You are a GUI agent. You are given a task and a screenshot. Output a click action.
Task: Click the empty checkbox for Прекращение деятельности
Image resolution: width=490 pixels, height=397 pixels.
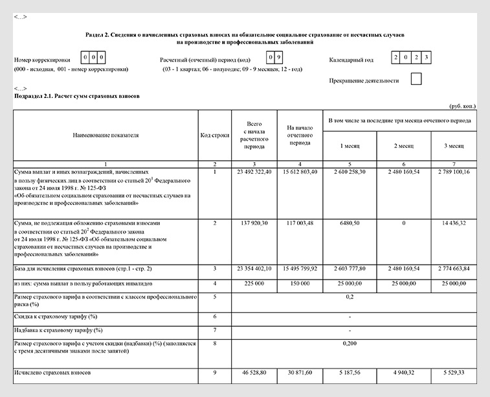pyautogui.click(x=416, y=80)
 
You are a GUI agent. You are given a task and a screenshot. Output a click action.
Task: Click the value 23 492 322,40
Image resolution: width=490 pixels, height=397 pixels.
pyautogui.click(x=254, y=172)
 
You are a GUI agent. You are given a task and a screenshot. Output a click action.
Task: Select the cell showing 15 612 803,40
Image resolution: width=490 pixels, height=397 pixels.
pyautogui.click(x=300, y=172)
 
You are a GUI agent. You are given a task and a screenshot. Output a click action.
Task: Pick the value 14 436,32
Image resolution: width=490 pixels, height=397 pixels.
pyautogui.click(x=454, y=223)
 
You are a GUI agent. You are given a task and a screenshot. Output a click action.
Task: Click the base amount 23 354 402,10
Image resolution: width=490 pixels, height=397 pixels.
pyautogui.click(x=254, y=268)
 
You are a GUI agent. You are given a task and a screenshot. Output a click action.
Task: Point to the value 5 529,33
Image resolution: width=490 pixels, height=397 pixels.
pyautogui.click(x=454, y=374)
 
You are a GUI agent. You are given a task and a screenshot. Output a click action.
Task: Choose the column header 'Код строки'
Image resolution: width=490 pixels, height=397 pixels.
pyautogui.click(x=214, y=136)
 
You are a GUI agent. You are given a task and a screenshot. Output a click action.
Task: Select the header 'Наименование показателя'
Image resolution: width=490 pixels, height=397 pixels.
pyautogui.click(x=106, y=136)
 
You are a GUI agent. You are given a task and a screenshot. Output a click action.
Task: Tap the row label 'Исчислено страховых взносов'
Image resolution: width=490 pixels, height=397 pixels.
pyautogui.click(x=52, y=374)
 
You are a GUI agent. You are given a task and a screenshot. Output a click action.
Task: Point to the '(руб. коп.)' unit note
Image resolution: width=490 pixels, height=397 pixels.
pyautogui.click(x=463, y=105)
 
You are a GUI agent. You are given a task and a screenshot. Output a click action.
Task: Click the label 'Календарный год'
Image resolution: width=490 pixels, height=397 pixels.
pyautogui.click(x=351, y=60)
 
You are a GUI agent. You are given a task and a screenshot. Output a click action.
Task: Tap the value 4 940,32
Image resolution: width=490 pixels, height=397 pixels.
pyautogui.click(x=404, y=374)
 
